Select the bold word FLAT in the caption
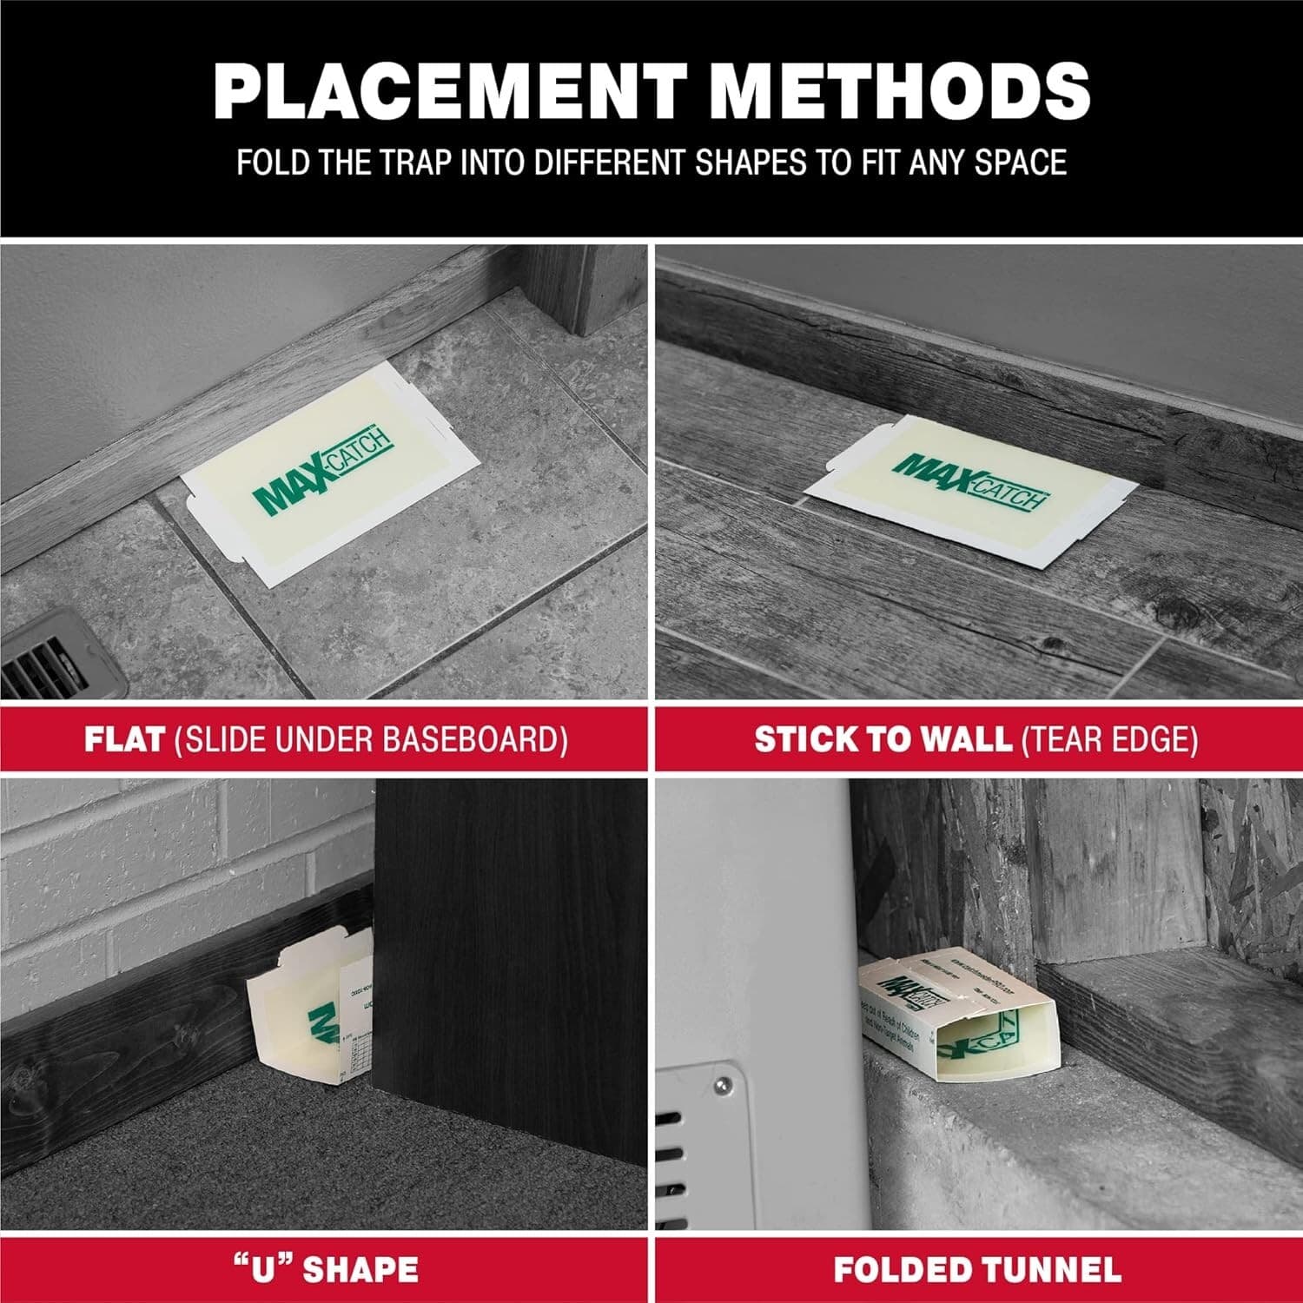pos(124,739)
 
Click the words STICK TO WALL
pos(882,739)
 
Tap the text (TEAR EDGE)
pos(1109,739)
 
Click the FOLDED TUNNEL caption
pos(977,1269)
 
